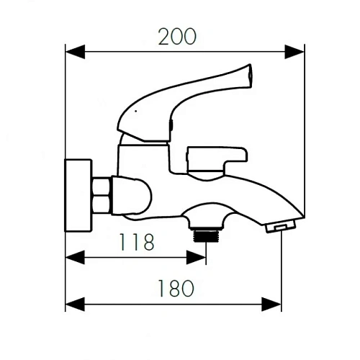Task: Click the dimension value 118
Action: pos(138,242)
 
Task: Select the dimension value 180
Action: pos(175,289)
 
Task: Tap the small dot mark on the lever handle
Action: pos(134,112)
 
